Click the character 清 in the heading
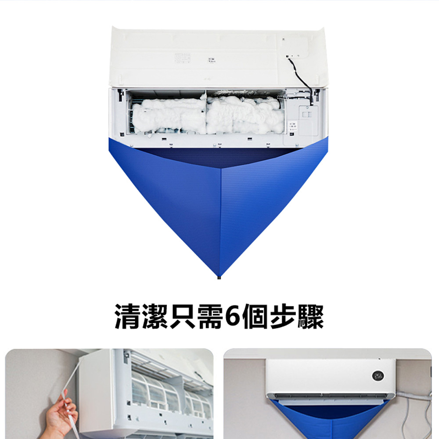[127, 317]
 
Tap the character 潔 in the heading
[155, 317]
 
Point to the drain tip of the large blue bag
[219, 277]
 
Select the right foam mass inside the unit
[244, 115]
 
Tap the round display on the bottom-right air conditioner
[378, 376]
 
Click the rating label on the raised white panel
[183, 58]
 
